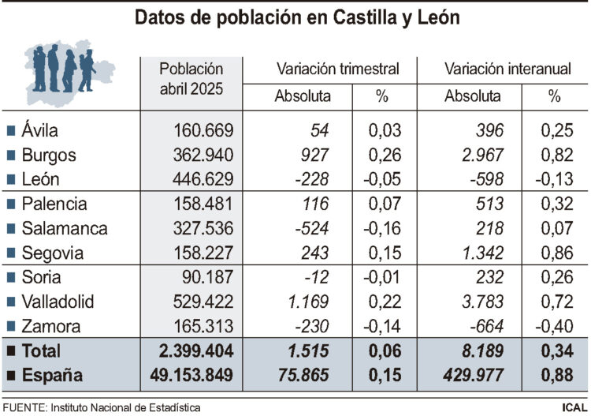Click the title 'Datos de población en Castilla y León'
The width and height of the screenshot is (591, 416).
click(296, 18)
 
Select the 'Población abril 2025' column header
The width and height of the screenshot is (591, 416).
click(191, 80)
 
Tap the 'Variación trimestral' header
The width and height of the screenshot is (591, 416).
click(337, 69)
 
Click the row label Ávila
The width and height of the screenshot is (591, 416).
click(40, 130)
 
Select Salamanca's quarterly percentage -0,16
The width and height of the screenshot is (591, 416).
click(381, 229)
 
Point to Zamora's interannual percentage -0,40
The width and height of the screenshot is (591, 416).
click(553, 326)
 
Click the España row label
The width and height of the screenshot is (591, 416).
click(53, 376)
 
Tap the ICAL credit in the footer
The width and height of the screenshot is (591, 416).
click(571, 407)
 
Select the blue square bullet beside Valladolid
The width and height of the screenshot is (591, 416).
click(11, 302)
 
